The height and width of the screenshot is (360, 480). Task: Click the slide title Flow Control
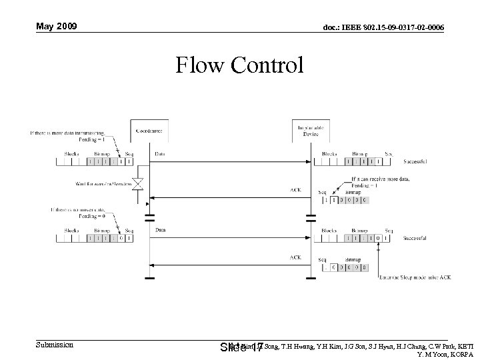(x=239, y=65)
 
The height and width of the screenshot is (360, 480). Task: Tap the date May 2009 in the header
(x=57, y=27)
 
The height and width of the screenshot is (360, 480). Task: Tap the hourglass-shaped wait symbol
(x=139, y=183)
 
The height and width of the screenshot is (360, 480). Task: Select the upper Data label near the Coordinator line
(x=161, y=154)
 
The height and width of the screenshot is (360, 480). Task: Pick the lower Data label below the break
(x=161, y=230)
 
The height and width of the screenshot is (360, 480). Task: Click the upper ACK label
(x=295, y=189)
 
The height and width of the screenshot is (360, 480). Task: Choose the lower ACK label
(x=295, y=257)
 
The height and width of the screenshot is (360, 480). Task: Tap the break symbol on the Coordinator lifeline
(x=150, y=217)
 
